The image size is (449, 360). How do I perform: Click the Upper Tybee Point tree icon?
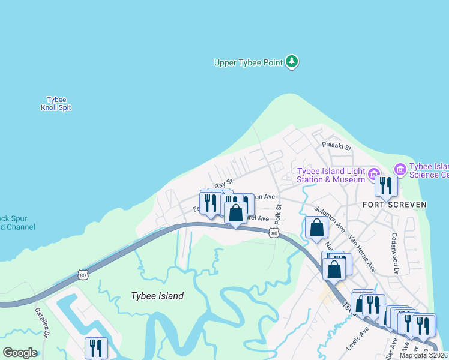(x=292, y=62)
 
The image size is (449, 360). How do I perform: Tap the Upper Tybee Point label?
(x=249, y=62)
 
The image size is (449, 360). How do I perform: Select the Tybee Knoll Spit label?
(x=57, y=104)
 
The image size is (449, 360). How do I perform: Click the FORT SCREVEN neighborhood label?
(x=394, y=205)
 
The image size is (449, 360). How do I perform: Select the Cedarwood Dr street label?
(x=396, y=253)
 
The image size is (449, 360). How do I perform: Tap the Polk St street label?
(x=277, y=211)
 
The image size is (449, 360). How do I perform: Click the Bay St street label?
(x=223, y=182)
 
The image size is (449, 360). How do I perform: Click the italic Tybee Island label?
(x=157, y=296)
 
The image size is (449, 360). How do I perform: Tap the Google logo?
(x=20, y=353)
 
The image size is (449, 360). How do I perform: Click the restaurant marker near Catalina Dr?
(x=96, y=347)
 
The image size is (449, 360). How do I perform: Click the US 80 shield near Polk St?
(x=274, y=232)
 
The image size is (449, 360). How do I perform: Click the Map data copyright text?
(x=423, y=355)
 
